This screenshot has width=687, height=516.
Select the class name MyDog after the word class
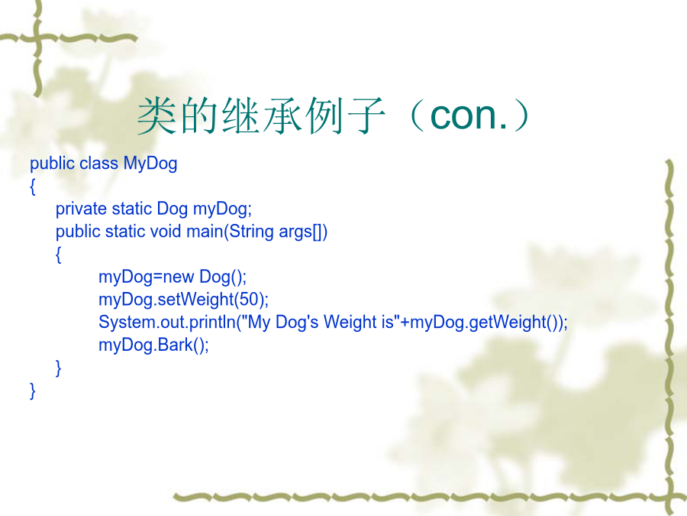(150, 164)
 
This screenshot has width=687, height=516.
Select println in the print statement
(212, 322)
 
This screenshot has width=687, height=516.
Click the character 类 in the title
(156, 115)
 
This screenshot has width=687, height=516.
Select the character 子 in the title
(366, 115)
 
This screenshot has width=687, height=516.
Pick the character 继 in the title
(240, 115)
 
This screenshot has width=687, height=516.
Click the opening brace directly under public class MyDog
(32, 187)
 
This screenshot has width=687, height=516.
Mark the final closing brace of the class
(32, 391)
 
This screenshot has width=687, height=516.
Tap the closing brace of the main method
(58, 368)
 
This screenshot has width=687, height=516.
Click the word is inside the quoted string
(388, 322)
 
